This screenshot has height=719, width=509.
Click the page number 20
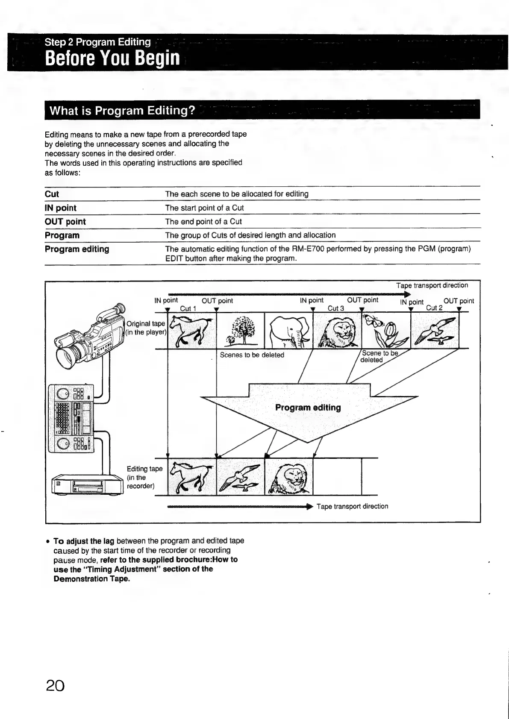(x=56, y=685)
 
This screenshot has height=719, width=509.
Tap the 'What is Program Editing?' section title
(x=122, y=111)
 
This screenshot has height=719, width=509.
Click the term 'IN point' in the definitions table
(x=60, y=208)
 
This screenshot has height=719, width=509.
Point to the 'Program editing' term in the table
(x=77, y=249)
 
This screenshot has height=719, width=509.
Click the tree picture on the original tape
(x=241, y=331)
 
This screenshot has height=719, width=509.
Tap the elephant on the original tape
(x=288, y=331)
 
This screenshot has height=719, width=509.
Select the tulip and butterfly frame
(x=385, y=331)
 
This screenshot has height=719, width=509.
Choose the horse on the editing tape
(x=192, y=476)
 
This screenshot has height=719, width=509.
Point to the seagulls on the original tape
(x=434, y=331)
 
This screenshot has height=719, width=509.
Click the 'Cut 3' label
(x=336, y=308)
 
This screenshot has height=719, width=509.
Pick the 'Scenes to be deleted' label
(x=252, y=355)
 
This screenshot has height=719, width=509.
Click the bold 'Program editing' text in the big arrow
(x=308, y=408)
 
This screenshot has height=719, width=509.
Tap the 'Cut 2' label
(x=434, y=308)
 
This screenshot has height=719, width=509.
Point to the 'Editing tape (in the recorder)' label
(x=144, y=477)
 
